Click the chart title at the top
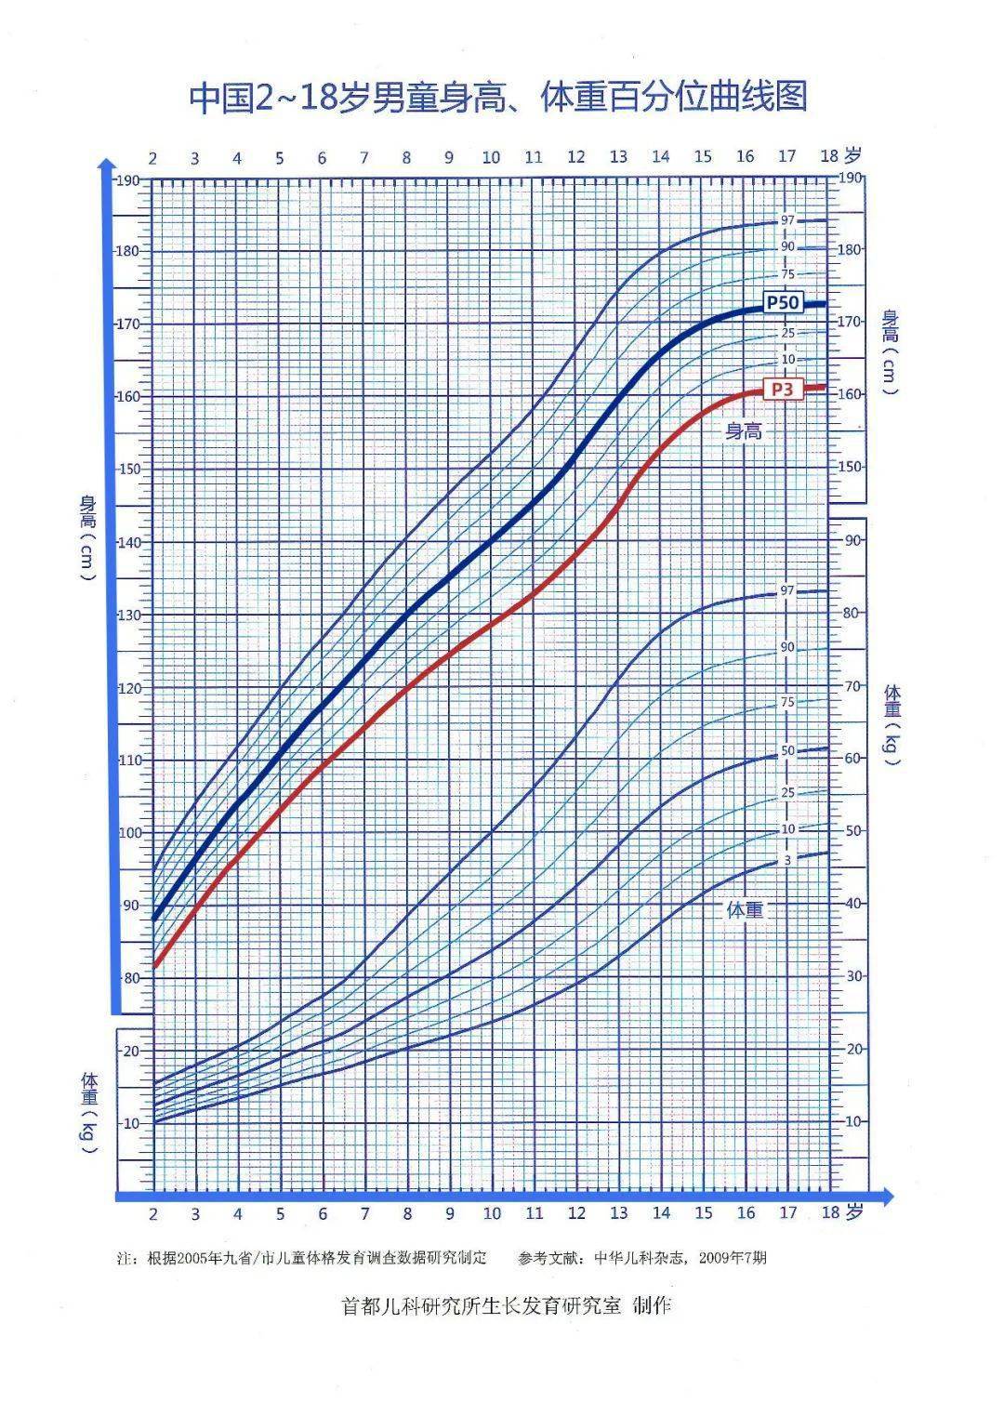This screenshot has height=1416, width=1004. coord(498,97)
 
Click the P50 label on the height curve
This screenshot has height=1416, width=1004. coord(782,303)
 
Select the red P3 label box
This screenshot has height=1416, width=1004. coord(782,390)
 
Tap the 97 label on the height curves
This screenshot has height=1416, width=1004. coord(787,220)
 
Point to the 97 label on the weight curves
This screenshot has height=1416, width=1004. coord(787,590)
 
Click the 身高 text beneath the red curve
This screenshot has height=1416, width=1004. coord(744,430)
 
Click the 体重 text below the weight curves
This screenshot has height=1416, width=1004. coord(744,909)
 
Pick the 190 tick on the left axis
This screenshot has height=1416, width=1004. coord(126,179)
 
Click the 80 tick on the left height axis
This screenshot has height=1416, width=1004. coord(130,977)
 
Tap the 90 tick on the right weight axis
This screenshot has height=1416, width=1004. coord(852,539)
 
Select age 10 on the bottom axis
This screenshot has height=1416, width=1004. coord(492,1212)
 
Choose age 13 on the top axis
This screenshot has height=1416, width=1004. coord(618,157)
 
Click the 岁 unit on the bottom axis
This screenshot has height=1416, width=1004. coord(855,1211)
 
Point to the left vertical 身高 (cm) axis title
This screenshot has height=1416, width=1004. coord(88,539)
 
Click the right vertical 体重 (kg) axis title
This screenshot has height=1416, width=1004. coord(892,724)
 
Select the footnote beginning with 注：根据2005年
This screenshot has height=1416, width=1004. coord(302,1258)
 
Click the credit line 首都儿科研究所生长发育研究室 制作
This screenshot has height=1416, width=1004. coord(506,1305)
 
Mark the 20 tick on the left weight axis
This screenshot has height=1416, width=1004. coord(130,1051)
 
